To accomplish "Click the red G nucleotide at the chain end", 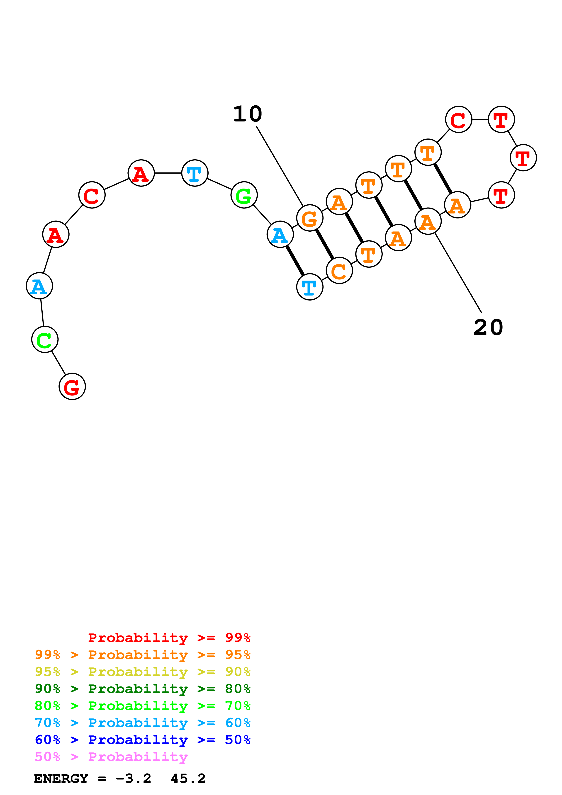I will [72, 386].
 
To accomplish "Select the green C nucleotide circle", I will [45, 339].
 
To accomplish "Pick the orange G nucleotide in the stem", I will [310, 218].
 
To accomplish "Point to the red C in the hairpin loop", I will [458, 119].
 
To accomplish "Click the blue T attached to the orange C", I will [310, 287].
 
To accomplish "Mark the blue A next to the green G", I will [280, 234].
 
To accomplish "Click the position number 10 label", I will [248, 114].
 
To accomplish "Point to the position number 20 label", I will [488, 327].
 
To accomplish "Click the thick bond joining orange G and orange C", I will [324, 244].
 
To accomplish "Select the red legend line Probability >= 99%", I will [169, 637].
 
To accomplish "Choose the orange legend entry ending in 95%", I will [143, 655].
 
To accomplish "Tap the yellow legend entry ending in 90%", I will [143, 672].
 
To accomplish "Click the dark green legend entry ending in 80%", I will [143, 689].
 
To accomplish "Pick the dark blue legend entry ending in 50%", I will [143, 740].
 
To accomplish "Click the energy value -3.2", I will [133, 779].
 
